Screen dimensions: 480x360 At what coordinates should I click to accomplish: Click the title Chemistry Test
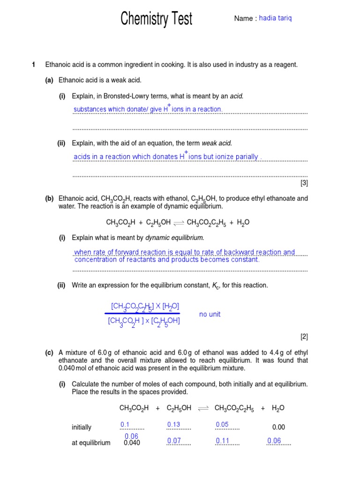coord(156,19)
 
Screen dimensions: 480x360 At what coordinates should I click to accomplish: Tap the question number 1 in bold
coord(34,65)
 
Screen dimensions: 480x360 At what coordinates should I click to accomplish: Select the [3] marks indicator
coord(304,183)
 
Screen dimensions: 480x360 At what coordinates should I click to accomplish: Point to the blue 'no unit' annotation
coord(210,314)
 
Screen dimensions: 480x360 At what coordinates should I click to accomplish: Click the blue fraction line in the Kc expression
coord(142,313)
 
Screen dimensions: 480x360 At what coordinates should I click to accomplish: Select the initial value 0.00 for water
coord(278,427)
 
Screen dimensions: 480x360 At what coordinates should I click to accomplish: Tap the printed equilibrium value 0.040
coord(132,443)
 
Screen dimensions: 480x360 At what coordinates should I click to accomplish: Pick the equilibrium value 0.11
coord(222,441)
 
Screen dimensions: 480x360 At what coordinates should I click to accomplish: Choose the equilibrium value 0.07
coord(174,441)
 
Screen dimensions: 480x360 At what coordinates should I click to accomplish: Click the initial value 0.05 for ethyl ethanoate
coord(222,425)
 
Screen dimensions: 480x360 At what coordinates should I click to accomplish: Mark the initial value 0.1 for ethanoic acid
coord(125,425)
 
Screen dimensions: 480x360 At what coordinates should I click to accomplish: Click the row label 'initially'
coord(82,427)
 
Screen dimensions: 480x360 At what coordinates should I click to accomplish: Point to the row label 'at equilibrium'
coord(91,443)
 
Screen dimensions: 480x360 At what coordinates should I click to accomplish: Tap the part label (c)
coord(49,353)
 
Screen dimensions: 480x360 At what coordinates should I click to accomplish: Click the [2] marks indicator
coord(304,337)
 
